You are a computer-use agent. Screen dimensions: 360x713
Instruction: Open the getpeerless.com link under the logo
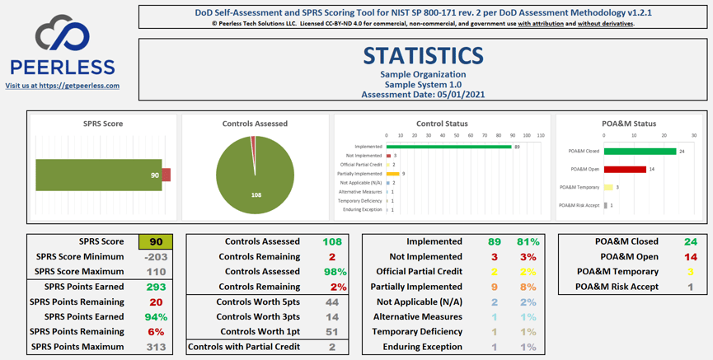coord(62,86)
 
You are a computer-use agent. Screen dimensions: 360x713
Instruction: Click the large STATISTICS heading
coord(423,55)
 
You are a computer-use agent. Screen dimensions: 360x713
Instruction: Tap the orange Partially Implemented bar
coord(392,174)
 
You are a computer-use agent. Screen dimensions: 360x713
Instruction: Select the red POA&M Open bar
coord(625,169)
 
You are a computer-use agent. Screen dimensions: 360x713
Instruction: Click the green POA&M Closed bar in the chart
coord(640,151)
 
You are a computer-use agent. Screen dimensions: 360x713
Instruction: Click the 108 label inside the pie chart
coord(256,195)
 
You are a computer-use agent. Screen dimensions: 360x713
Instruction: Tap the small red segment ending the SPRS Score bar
coord(167,175)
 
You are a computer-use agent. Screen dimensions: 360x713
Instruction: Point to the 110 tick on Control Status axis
coord(540,135)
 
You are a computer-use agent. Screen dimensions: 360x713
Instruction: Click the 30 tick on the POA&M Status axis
coord(693,135)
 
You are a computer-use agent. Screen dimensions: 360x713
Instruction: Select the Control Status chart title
coord(442,124)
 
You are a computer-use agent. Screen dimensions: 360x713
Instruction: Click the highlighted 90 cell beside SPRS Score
coord(155,242)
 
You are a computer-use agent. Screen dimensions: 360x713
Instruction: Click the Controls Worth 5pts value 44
coord(332,302)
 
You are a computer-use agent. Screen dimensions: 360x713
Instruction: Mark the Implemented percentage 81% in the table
coord(528,242)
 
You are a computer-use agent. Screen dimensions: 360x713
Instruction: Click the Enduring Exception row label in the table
coord(422,347)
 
